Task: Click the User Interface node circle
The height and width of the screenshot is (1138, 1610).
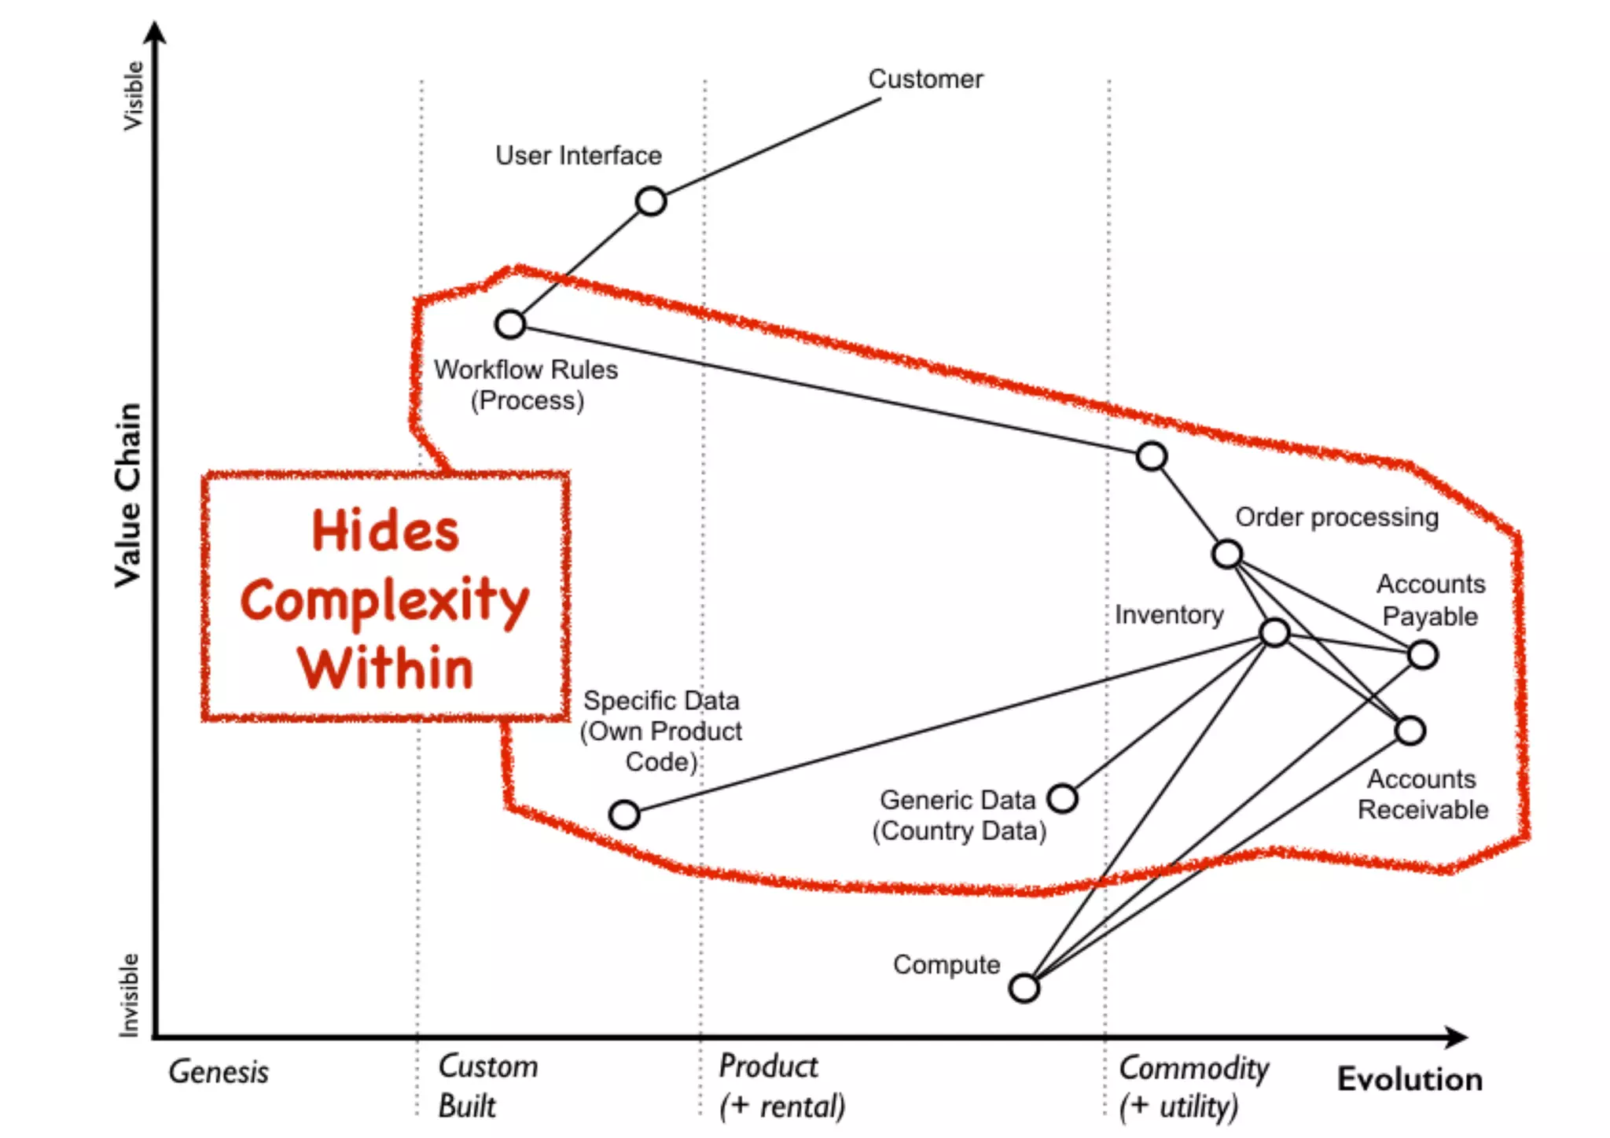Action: click(x=651, y=201)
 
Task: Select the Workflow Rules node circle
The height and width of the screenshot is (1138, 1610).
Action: click(x=510, y=324)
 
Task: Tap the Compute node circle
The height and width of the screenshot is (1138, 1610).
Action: click(x=1024, y=988)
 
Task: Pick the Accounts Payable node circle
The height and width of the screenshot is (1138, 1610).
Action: click(x=1423, y=654)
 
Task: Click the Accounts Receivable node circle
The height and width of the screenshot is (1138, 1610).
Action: click(x=1410, y=731)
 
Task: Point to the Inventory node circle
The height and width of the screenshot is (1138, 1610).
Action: click(x=1274, y=632)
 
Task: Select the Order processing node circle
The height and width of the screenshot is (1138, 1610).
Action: click(x=1227, y=554)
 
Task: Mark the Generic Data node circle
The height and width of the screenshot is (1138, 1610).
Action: click(x=1063, y=798)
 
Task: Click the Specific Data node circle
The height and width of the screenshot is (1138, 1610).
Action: click(x=624, y=814)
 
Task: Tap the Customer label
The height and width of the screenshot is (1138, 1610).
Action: click(x=925, y=79)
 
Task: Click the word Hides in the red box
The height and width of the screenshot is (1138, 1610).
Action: click(x=385, y=531)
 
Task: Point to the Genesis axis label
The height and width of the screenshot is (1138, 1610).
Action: click(x=219, y=1072)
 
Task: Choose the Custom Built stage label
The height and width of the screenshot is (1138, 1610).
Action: click(x=487, y=1086)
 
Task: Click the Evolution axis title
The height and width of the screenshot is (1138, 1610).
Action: click(x=1410, y=1079)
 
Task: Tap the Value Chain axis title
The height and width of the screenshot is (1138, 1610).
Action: click(x=128, y=495)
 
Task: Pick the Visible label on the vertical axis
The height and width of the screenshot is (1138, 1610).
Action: click(x=133, y=96)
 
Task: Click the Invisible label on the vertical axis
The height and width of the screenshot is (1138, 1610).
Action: click(x=128, y=995)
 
